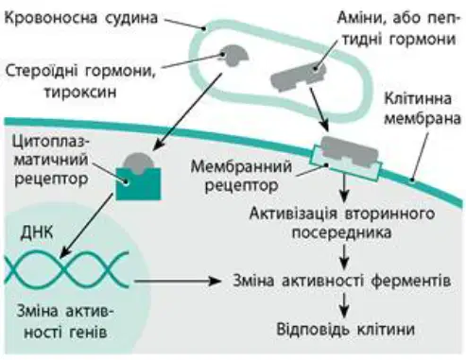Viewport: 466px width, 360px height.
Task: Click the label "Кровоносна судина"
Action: tap(81, 17)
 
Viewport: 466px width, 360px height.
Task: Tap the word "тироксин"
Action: tap(80, 93)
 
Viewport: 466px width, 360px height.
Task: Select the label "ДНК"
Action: tap(37, 233)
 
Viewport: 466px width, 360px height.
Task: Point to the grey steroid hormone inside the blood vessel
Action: tap(234, 55)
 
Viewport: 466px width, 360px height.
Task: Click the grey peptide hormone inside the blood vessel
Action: tap(298, 77)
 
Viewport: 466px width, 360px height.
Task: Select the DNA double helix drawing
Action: tap(67, 269)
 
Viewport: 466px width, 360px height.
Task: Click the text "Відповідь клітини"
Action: tap(346, 329)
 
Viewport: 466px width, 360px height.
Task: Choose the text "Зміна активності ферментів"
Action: tap(341, 280)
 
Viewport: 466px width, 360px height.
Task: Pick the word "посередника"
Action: tap(341, 233)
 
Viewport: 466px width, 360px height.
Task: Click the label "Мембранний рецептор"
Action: tap(241, 176)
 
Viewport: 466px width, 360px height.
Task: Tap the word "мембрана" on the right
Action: tap(423, 119)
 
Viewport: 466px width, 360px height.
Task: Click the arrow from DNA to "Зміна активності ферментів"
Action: tap(178, 281)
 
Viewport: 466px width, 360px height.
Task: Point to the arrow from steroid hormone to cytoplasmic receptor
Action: tap(187, 111)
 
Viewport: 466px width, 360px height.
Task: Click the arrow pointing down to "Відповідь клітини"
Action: tap(345, 305)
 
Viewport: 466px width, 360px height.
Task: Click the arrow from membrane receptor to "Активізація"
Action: tap(344, 188)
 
